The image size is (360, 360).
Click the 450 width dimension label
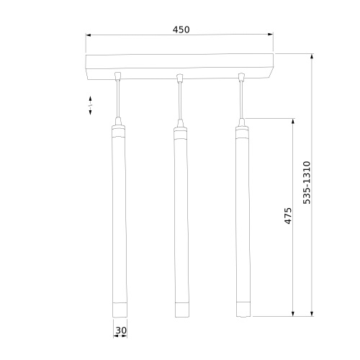point(181,30)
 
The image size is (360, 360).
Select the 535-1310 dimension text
point(307,184)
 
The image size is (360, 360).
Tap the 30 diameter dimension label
point(120,331)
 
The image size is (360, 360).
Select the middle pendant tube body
point(181,216)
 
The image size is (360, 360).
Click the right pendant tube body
point(242,216)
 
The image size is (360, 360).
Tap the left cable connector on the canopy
point(118,76)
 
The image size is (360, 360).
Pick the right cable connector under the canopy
point(243,76)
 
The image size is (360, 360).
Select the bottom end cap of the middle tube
point(181,310)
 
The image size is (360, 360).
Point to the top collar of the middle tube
point(181,132)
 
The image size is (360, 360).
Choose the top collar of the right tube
point(242,132)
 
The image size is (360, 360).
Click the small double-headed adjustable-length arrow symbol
point(91,104)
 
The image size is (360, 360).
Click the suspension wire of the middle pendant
point(180,101)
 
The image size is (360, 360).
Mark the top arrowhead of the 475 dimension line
point(292,122)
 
